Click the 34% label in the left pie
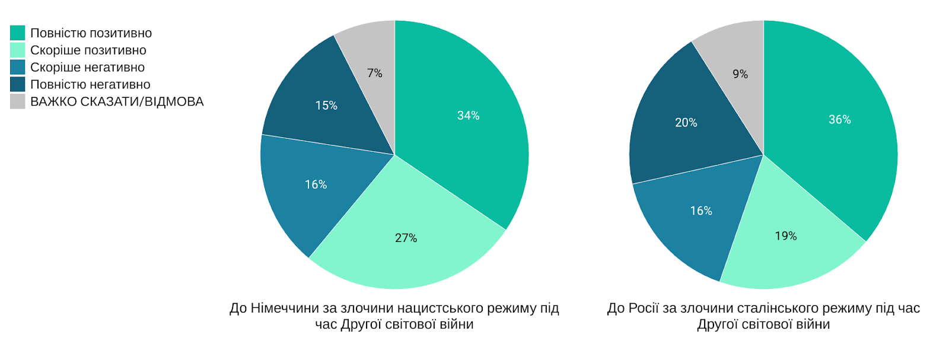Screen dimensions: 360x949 [x=468, y=116]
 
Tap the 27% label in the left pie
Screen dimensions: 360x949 [x=406, y=238]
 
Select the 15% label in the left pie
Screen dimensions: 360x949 [x=326, y=106]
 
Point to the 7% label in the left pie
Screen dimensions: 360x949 [x=374, y=73]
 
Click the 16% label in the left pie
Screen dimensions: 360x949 [x=316, y=184]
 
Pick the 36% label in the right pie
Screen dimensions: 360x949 [x=839, y=120]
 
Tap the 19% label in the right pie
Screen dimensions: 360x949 [x=785, y=236]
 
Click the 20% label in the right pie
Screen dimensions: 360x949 [x=686, y=123]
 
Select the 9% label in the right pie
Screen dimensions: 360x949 [x=740, y=74]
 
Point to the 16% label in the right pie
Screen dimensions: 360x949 [x=700, y=211]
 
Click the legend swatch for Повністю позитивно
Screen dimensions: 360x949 [x=18, y=33]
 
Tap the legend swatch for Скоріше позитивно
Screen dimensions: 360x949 [x=18, y=50]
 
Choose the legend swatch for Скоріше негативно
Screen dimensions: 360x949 [x=18, y=68]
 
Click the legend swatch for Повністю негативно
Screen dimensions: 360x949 [x=18, y=84]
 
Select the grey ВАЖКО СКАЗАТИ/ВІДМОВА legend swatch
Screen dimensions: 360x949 [x=18, y=101]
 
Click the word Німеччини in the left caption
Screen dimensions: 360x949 [x=278, y=308]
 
